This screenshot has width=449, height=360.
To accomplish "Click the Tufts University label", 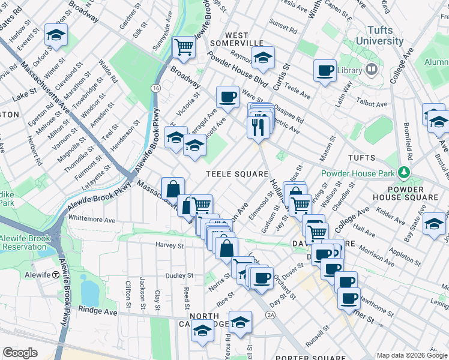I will [379, 35].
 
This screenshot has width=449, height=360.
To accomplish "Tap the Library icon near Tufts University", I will [372, 70].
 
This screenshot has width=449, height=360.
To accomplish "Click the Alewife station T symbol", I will [56, 274].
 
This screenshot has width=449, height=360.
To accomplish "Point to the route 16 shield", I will [156, 88].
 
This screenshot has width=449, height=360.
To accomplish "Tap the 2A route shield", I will [271, 314].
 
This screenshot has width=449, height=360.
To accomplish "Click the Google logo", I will [20, 353].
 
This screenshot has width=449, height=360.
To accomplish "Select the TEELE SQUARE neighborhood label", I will [237, 174].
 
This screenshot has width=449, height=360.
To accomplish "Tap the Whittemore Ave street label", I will [92, 220].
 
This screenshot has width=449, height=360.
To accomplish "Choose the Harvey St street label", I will [169, 245].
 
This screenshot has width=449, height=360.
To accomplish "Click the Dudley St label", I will [179, 275].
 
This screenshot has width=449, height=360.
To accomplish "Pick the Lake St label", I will [23, 95].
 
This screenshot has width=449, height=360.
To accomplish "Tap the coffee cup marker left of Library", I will [325, 71].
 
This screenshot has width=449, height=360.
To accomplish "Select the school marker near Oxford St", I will [56, 35].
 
